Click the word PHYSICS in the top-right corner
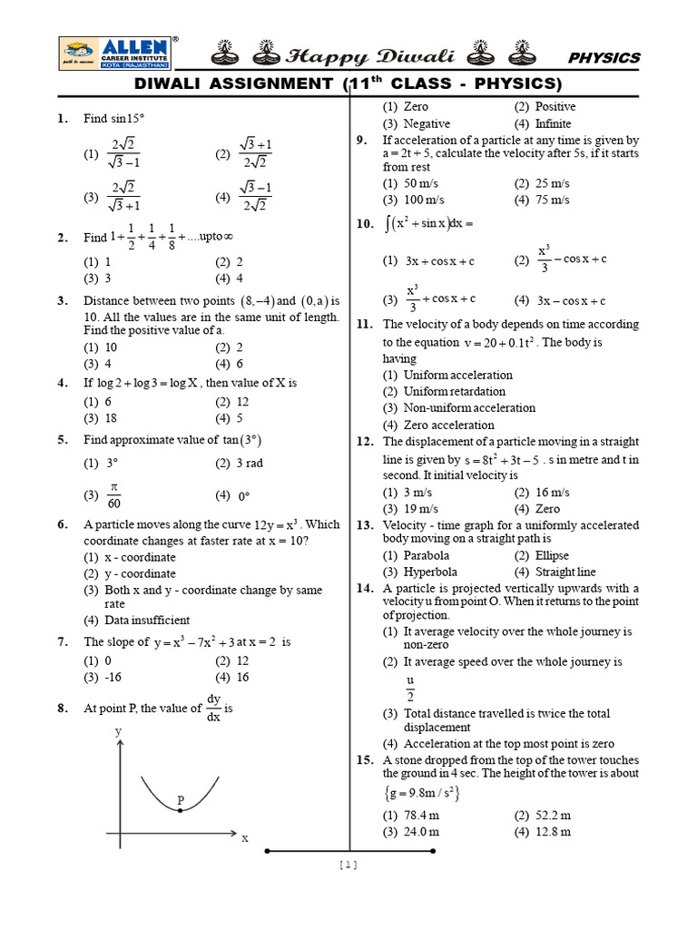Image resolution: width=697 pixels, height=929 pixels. tap(604, 58)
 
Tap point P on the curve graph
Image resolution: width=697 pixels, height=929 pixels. tap(181, 809)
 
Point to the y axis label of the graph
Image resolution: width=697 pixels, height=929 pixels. tap(117, 731)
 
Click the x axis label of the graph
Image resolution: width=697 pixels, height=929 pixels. tap(244, 839)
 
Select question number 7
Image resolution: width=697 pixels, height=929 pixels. tap(63, 642)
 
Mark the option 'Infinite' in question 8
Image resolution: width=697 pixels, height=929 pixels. tap(553, 123)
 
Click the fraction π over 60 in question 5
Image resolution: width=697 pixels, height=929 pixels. tap(113, 495)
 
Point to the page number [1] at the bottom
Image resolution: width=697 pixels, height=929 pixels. tap(348, 865)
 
